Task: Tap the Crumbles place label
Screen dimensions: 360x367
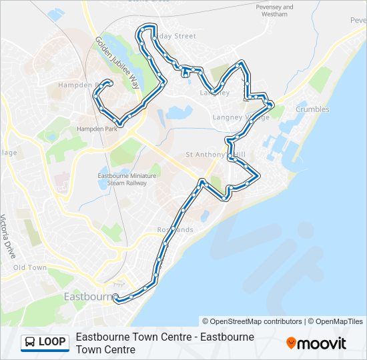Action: click(312, 109)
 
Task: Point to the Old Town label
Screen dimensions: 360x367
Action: click(30, 267)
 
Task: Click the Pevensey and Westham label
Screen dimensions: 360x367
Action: click(274, 11)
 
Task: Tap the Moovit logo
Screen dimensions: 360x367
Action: click(316, 343)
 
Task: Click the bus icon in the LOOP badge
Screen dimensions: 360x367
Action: click(30, 343)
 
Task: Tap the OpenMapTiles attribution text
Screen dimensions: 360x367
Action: click(338, 321)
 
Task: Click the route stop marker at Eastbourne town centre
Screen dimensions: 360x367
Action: click(115, 297)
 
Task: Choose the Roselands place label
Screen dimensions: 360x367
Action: click(175, 229)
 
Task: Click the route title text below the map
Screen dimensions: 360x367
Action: click(165, 343)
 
